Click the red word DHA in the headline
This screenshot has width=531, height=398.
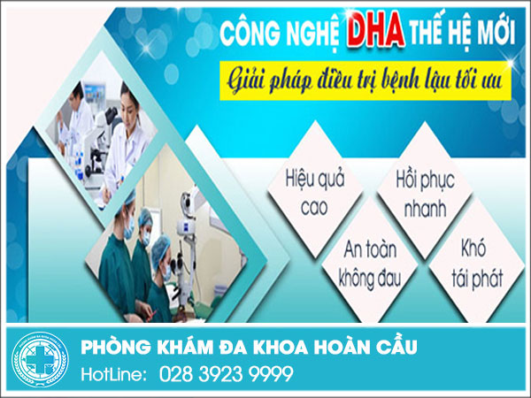tap(376, 29)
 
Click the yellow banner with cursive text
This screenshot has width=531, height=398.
tap(365, 80)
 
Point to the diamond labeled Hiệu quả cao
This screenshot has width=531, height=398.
tap(315, 189)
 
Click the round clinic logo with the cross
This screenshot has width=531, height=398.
tap(40, 359)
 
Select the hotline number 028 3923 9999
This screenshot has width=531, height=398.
tap(227, 374)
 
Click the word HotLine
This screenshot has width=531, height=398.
tap(113, 375)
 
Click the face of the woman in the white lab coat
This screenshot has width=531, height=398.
tap(129, 103)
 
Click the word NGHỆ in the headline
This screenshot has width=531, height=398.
tap(313, 33)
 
